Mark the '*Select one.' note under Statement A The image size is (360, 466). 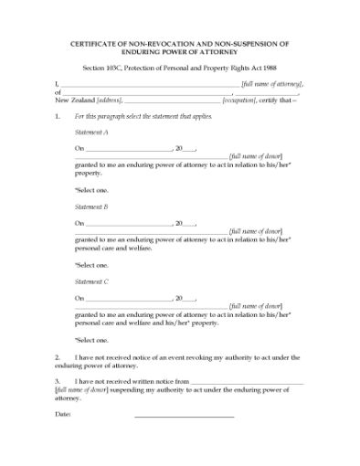[92, 189]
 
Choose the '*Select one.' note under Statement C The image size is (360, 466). [92, 339]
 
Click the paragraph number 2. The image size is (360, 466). [58, 356]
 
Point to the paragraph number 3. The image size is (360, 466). [58, 381]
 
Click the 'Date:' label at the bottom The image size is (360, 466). [63, 415]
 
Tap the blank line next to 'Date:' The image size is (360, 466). [184, 417]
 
